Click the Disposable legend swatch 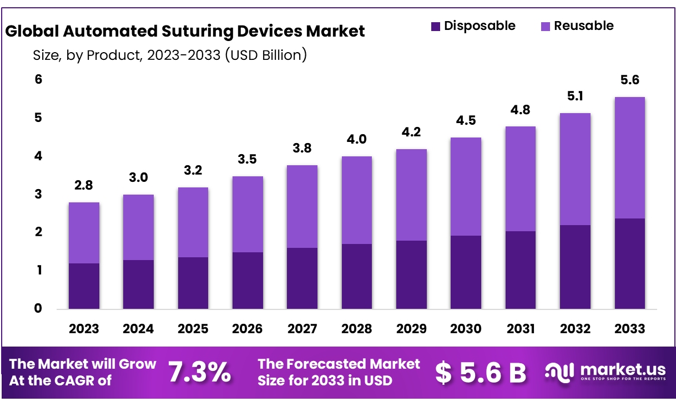pyautogui.click(x=436, y=26)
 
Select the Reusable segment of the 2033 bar pyautogui.click(x=629, y=157)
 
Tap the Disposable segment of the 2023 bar pyautogui.click(x=84, y=286)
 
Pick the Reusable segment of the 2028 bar pyautogui.click(x=356, y=200)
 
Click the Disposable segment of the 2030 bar pyautogui.click(x=466, y=272)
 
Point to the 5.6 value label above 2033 pyautogui.click(x=629, y=80)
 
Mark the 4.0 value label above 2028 pyautogui.click(x=356, y=139)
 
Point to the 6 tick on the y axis pyautogui.click(x=38, y=80)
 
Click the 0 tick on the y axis pyautogui.click(x=38, y=308)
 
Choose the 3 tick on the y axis pyautogui.click(x=38, y=194)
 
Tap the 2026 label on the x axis pyautogui.click(x=247, y=329)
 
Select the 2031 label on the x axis pyautogui.click(x=520, y=329)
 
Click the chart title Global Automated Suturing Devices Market pyautogui.click(x=185, y=31)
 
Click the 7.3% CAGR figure pyautogui.click(x=199, y=373)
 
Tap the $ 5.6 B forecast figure pyautogui.click(x=481, y=373)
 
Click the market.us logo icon pyautogui.click(x=559, y=372)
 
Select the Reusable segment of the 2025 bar pyautogui.click(x=193, y=222)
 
